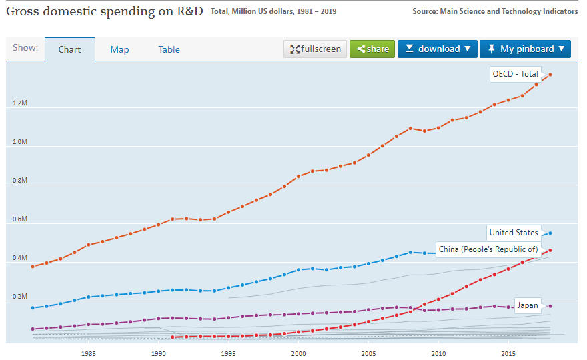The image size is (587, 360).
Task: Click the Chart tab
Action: tap(69, 49)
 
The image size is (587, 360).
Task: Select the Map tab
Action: tap(120, 49)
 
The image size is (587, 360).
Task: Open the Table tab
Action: tap(169, 49)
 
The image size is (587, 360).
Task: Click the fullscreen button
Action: tap(315, 49)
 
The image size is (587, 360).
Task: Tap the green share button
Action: tap(372, 49)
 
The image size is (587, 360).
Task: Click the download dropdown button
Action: tap(437, 49)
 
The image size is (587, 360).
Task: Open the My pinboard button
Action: tap(525, 49)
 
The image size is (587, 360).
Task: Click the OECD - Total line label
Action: tap(514, 74)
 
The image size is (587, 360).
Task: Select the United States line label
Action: tap(513, 233)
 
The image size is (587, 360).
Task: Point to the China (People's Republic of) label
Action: tap(488, 249)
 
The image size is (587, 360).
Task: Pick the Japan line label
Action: tap(527, 305)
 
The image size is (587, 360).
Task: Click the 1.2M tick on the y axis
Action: tap(19, 103)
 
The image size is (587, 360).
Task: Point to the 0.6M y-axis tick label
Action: tap(19, 219)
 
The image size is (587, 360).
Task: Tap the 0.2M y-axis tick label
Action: tap(19, 297)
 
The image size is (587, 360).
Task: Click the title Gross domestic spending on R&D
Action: tap(104, 11)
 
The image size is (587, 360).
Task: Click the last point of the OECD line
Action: tap(550, 74)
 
